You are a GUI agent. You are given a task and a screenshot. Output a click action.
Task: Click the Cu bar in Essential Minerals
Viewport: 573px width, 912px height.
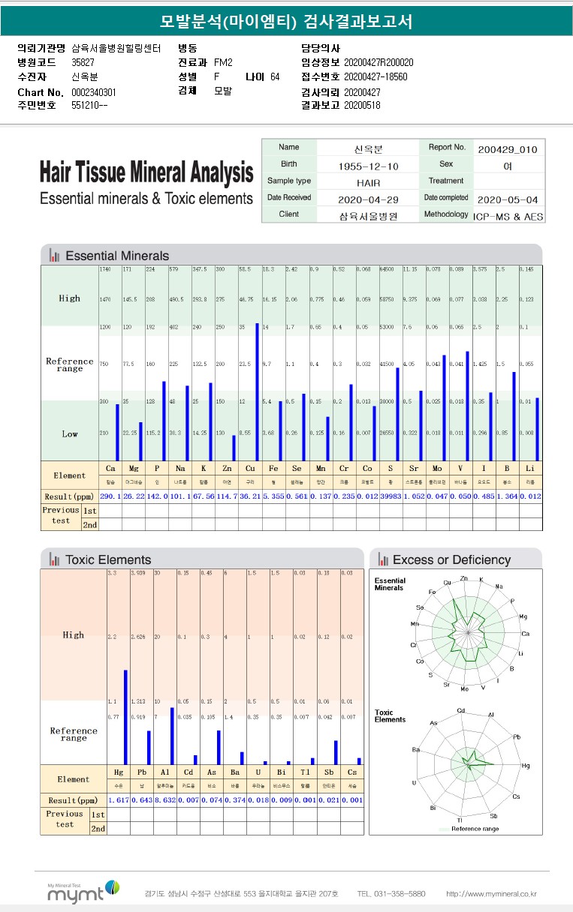[x=258, y=391]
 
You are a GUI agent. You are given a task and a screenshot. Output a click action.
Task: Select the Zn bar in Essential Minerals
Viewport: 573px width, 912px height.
[x=234, y=448]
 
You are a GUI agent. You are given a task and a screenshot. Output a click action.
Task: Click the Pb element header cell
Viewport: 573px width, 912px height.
[x=142, y=772]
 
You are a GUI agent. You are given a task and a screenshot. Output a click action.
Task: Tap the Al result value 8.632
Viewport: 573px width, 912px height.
[x=164, y=800]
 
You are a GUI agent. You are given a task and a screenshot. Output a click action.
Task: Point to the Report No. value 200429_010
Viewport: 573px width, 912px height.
[x=508, y=148]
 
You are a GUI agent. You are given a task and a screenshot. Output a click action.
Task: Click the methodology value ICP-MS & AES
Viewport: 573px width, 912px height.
[x=508, y=215]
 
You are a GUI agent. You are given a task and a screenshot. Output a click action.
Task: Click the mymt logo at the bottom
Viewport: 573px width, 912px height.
[x=83, y=891]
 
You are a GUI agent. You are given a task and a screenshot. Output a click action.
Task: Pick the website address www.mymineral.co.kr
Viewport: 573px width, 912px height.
[x=491, y=894]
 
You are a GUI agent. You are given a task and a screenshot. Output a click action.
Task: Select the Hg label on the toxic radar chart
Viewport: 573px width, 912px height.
[x=526, y=765]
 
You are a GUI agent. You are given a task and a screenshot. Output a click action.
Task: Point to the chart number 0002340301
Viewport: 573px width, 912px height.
[x=94, y=91]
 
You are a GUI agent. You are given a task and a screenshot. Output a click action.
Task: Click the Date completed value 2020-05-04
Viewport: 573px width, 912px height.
[x=508, y=199]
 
